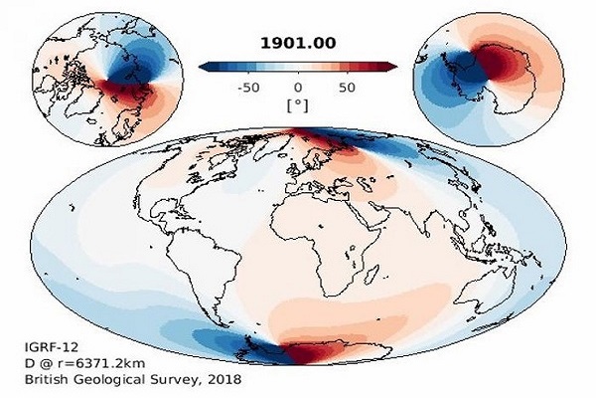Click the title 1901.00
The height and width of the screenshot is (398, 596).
tap(298, 43)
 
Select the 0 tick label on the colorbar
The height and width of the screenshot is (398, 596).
tap(298, 87)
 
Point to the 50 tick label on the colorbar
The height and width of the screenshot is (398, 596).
tap(346, 87)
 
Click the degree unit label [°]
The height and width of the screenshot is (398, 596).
tap(298, 104)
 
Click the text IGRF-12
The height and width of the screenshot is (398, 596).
tap(48, 347)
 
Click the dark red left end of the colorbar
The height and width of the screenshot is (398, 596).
tap(206, 67)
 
